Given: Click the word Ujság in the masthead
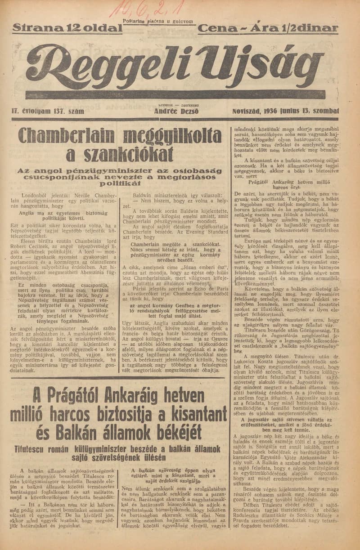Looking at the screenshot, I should pos(250,63).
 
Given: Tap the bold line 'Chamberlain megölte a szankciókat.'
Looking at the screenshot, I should pos(176,243).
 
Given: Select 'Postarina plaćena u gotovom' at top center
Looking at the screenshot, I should pos(157,21).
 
